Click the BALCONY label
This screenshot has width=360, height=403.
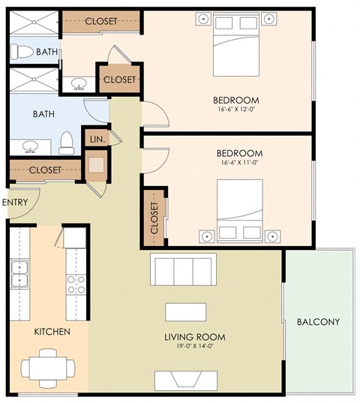pyautogui.click(x=318, y=322)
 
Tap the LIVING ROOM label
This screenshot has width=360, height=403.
pyautogui.click(x=194, y=337)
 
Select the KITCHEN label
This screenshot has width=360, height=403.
pyautogui.click(x=52, y=331)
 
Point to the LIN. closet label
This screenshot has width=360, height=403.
pyautogui.click(x=96, y=140)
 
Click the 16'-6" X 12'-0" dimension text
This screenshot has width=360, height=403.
pyautogui.click(x=235, y=110)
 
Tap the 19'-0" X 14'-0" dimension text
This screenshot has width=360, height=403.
pyautogui.click(x=194, y=347)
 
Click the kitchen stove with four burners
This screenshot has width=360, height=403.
pyautogui.click(x=76, y=284)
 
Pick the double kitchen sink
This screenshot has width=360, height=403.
pyautogui.click(x=19, y=275)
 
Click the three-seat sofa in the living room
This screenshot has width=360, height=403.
pyautogui.click(x=182, y=268)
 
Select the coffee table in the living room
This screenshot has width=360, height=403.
pyautogui.click(x=186, y=311)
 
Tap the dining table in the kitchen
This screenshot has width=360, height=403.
pyautogui.click(x=49, y=368)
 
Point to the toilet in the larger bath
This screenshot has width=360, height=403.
pyautogui.click(x=66, y=141)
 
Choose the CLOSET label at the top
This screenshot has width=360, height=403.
pyautogui.click(x=100, y=21)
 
